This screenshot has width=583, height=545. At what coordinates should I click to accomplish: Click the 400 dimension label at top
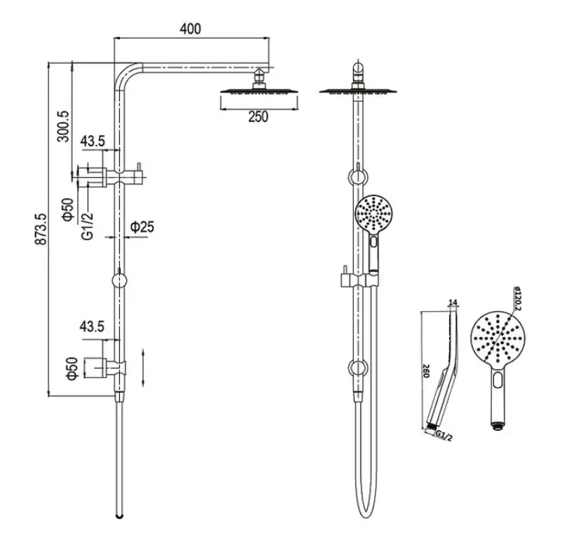click(x=190, y=29)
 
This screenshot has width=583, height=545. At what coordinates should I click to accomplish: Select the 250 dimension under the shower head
click(x=258, y=117)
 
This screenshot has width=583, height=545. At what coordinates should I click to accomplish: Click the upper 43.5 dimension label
click(x=92, y=141)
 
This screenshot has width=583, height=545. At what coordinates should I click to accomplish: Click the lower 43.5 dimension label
click(x=92, y=326)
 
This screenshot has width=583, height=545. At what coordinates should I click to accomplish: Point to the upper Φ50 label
click(x=68, y=209)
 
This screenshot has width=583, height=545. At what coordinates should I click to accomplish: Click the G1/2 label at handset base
click(x=441, y=435)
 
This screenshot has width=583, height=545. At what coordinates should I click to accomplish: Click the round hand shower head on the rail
click(x=375, y=214)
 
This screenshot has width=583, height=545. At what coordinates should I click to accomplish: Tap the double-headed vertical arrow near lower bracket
click(x=143, y=367)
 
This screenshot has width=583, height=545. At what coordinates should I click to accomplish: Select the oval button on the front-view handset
click(x=498, y=382)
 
